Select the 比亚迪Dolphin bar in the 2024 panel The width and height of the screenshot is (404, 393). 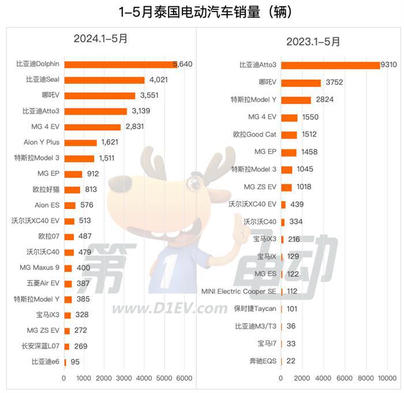[121, 65]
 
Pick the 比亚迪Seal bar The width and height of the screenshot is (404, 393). [104, 80]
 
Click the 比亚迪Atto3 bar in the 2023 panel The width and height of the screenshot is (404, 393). [330, 65]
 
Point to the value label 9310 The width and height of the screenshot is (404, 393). [388, 65]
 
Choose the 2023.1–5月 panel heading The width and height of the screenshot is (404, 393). [313, 41]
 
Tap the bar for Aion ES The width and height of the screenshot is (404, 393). [70, 205]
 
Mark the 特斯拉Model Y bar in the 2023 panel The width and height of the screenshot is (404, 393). [295, 100]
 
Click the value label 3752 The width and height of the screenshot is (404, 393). [334, 83]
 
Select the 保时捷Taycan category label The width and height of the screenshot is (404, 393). [255, 309]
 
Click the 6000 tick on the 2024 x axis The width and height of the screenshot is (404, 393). [184, 378]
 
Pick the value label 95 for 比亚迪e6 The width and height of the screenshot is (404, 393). [75, 362]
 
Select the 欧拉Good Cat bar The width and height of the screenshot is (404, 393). [289, 134]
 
